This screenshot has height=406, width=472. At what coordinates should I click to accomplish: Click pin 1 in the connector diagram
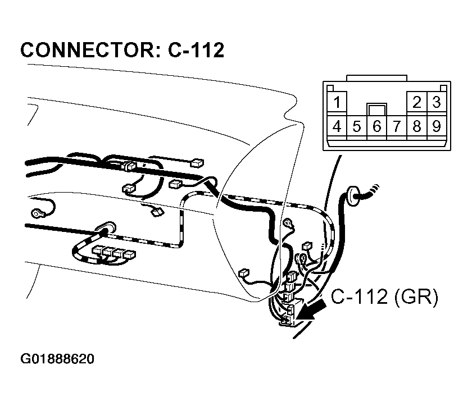[337, 103]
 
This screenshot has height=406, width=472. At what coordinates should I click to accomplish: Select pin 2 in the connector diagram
[417, 102]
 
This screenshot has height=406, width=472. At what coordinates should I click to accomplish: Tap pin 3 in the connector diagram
[436, 102]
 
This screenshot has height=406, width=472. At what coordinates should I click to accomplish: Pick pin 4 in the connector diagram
[337, 126]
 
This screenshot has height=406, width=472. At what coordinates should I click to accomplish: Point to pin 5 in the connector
[357, 126]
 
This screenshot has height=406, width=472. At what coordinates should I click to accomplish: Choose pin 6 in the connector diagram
[376, 126]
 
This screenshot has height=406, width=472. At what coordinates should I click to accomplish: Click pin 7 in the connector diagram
[397, 126]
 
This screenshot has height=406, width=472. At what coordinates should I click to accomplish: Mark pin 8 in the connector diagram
[417, 126]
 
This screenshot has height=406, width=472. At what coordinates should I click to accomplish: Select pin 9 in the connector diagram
[436, 126]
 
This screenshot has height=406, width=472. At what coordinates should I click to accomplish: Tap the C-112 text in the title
[196, 51]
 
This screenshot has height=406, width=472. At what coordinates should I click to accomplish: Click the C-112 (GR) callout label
[384, 297]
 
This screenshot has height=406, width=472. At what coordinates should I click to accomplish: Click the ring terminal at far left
[38, 213]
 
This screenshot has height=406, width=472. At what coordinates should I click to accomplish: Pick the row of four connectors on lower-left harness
[113, 252]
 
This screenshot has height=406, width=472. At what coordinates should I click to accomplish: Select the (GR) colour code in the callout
[416, 297]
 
